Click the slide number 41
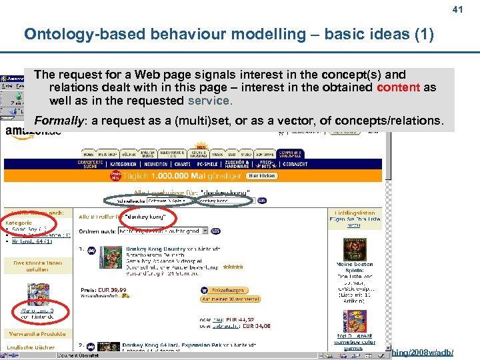pos(457,9)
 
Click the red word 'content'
pos(398,88)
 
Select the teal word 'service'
pos(209,101)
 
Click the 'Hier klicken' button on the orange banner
pos(261,176)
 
